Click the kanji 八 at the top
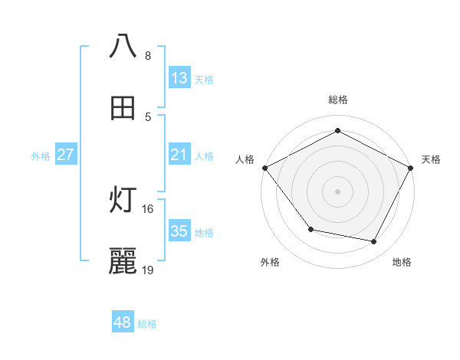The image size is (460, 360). coord(123,46)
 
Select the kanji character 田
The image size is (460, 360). coord(123,108)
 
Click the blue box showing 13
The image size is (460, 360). coord(179,77)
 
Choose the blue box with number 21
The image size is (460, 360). coord(179,155)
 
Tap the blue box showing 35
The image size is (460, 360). coord(179,231)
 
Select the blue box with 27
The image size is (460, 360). coord(66,155)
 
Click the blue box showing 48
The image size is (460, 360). coord(123,322)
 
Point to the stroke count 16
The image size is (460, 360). coord(148,208)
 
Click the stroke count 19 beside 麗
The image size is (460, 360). coord(148,270)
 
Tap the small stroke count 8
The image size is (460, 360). coord(148,55)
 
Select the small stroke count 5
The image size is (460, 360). coord(148,116)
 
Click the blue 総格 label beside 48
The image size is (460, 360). coord(147,324)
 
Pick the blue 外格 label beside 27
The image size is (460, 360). coord(41,155)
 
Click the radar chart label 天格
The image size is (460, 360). coord(432,159)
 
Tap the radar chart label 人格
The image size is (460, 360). coord(245,159)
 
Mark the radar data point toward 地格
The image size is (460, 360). coord(374,242)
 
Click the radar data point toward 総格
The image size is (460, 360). coord(337,131)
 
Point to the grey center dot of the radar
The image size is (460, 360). coord(337,191)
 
